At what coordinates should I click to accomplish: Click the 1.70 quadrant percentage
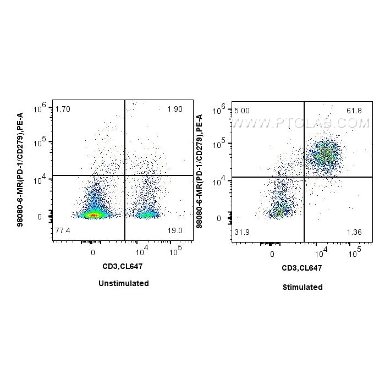[x=63, y=109]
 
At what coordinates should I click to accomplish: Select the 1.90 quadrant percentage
[x=175, y=109]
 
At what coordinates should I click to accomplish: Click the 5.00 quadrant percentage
[x=242, y=111]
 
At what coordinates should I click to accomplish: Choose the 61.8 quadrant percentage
[x=354, y=111]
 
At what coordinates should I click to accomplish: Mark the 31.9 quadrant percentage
[x=242, y=232]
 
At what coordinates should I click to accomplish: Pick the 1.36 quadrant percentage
[x=355, y=232]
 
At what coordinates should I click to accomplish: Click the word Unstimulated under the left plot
[x=124, y=283]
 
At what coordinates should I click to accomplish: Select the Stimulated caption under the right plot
[x=302, y=287]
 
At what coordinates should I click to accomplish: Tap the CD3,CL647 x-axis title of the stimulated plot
[x=302, y=268]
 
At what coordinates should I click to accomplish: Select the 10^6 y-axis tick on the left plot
[x=38, y=109]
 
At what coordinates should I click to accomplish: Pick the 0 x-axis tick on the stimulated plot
[x=272, y=254]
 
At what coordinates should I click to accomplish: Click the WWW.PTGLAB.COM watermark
[x=300, y=123]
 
